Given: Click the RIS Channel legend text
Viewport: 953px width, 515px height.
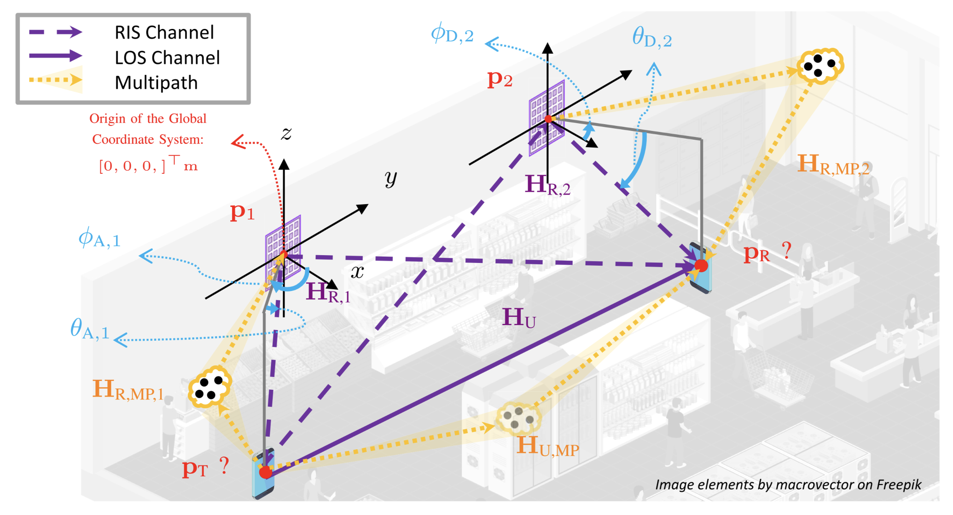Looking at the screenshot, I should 164,33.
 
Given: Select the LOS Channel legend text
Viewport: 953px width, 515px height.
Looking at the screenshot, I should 167,58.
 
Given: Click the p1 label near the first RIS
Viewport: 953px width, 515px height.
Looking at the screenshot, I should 242,212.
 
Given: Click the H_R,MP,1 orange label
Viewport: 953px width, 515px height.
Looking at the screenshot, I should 128,390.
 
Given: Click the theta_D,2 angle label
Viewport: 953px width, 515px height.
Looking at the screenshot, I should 651,39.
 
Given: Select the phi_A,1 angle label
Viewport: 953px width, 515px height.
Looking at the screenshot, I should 99,239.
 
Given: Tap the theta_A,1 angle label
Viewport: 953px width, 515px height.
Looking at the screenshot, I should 90,330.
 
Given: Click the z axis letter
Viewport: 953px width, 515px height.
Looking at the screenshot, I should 286,134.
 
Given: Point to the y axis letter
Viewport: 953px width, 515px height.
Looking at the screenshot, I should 390,178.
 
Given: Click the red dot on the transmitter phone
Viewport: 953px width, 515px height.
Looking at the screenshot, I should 265,472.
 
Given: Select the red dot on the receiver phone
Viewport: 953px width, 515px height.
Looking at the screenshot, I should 701,265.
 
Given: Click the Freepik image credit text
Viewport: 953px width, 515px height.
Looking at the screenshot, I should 788,485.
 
